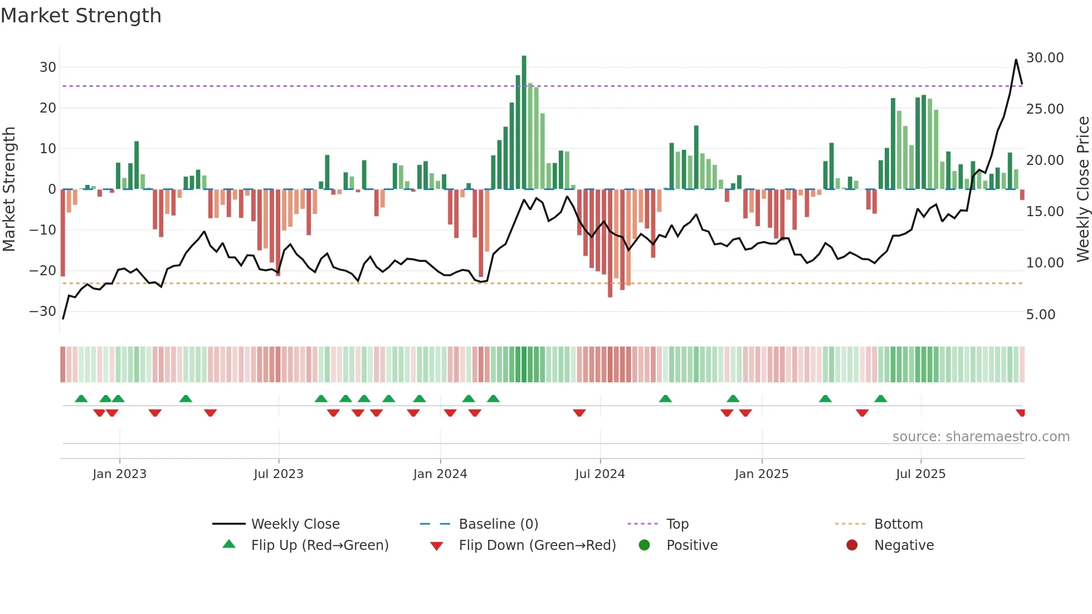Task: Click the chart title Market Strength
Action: click(x=81, y=16)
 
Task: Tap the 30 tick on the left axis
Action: click(x=48, y=67)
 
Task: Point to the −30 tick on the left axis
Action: click(x=43, y=311)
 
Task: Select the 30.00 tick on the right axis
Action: click(x=1045, y=58)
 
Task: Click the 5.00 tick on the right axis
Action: click(x=1040, y=315)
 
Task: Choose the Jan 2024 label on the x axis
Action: click(x=440, y=474)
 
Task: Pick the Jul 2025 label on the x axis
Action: click(x=920, y=474)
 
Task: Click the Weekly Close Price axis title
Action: click(x=1083, y=189)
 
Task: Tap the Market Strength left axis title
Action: click(x=9, y=189)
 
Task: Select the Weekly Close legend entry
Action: click(x=295, y=524)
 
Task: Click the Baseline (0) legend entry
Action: click(x=498, y=524)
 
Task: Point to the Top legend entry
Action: click(x=677, y=524)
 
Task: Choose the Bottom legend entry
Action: click(x=898, y=524)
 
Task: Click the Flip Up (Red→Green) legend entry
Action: click(x=319, y=545)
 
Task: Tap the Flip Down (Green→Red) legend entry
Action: click(x=537, y=545)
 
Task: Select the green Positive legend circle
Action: click(x=645, y=545)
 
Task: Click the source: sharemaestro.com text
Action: click(x=981, y=437)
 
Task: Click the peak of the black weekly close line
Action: click(x=1016, y=60)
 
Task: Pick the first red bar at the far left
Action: click(x=63, y=233)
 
